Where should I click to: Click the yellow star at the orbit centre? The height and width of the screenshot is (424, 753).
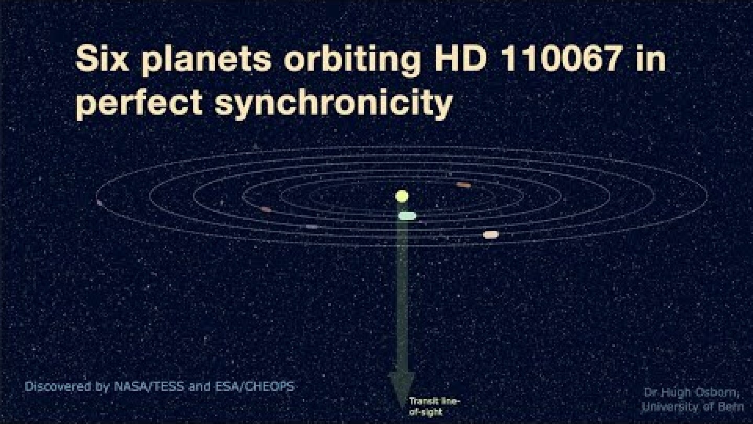coord(402,196)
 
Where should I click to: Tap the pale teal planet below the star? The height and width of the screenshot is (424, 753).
coord(407,216)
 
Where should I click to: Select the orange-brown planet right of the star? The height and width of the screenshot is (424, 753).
coord(463,185)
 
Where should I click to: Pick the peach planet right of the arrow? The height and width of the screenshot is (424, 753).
coord(490,235)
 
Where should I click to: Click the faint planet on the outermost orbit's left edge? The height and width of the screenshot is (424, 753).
coord(99,203)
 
